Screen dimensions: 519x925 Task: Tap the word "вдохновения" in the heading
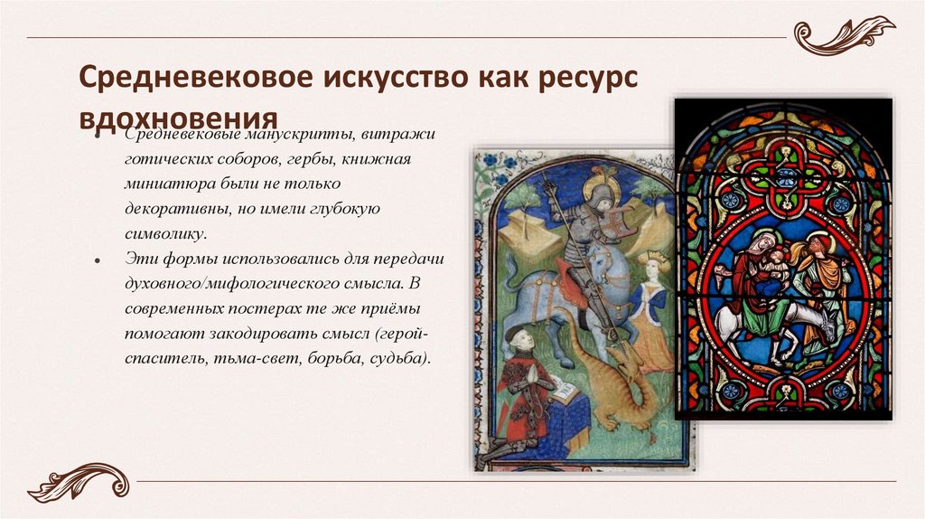click(x=175, y=119)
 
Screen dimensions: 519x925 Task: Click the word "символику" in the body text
click(x=165, y=233)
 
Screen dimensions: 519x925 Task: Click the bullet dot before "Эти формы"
click(x=96, y=259)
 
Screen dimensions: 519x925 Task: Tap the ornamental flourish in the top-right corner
click(x=843, y=35)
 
